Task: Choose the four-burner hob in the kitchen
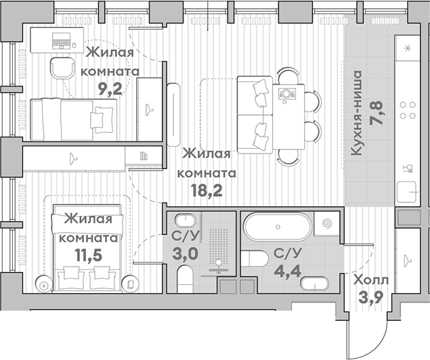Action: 408,110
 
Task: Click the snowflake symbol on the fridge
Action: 408,49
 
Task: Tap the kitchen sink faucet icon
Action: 408,167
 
